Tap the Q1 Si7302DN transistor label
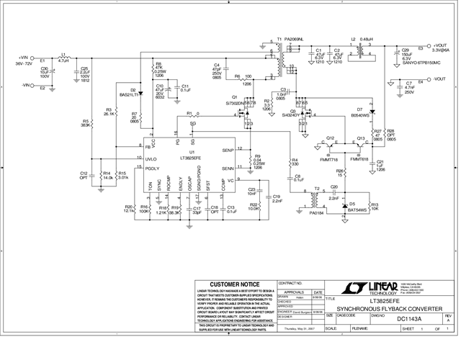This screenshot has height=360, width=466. pos(236,102)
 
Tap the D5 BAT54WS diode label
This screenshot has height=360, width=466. pos(357,208)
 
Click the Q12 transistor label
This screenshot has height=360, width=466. pos(331,138)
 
